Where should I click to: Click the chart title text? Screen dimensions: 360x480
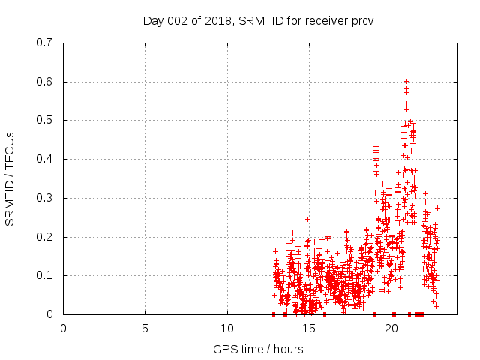click(258, 20)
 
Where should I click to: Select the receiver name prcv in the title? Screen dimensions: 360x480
click(360, 20)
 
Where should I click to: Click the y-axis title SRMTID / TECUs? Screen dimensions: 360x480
click(10, 178)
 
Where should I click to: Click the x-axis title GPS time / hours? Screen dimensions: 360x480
click(258, 349)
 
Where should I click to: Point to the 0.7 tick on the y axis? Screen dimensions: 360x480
click(45, 43)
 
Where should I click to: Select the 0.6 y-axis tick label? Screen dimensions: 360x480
click(45, 82)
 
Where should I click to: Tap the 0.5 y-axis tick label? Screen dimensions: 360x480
click(45, 120)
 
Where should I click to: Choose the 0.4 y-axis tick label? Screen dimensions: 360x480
click(45, 159)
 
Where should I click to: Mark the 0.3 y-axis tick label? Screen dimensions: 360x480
click(45, 198)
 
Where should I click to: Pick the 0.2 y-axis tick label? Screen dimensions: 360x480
click(45, 237)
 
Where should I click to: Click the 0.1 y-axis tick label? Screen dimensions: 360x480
click(45, 275)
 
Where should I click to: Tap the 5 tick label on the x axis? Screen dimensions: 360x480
click(145, 328)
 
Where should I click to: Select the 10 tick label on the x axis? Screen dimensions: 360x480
click(226, 328)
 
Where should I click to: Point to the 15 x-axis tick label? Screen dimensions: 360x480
click(309, 328)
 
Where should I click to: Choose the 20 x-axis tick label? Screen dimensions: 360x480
click(391, 328)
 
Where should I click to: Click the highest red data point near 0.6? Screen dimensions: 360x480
click(406, 81)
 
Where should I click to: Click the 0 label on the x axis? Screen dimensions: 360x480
click(63, 328)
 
